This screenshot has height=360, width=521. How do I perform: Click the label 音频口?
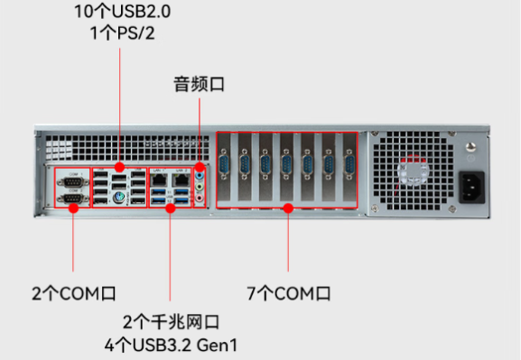pos(199,86)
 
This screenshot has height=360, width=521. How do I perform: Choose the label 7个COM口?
pos(289,293)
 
